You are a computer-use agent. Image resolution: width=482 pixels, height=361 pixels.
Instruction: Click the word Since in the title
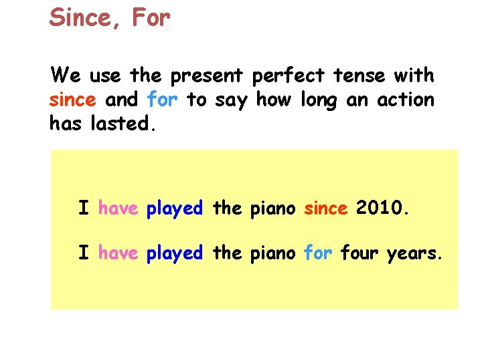coord(80,18)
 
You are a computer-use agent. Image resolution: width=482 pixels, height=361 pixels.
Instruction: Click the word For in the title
coord(151,18)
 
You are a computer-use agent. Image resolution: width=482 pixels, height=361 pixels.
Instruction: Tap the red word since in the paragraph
coord(72,100)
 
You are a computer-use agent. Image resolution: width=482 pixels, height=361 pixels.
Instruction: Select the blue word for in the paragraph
coord(162,100)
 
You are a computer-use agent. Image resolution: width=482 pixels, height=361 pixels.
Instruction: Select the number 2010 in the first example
coord(381,209)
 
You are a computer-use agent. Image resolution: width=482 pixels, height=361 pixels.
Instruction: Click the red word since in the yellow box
coord(326,209)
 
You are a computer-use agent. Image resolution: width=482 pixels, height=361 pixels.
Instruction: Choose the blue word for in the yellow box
coord(318,253)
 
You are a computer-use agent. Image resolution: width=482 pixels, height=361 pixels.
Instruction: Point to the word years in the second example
coord(414,253)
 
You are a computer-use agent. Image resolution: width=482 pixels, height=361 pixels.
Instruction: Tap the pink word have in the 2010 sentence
coord(118,209)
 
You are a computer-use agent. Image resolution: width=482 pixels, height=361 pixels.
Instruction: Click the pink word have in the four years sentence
coord(118,253)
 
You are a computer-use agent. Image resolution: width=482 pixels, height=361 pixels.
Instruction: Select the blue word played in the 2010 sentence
coord(175,209)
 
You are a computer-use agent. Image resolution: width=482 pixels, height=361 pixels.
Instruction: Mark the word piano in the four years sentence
coord(272,253)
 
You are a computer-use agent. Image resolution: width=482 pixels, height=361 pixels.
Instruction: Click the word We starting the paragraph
coord(62,76)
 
